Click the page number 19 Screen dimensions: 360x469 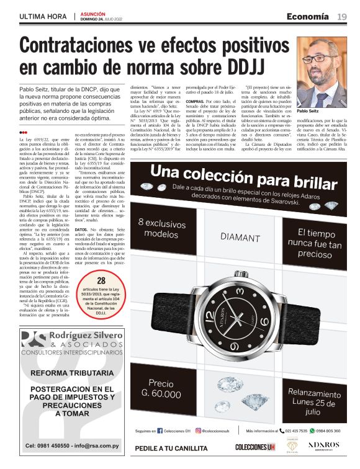pos(342,16)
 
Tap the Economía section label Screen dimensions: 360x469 pos(307,16)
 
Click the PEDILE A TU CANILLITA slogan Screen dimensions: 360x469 pos(171,448)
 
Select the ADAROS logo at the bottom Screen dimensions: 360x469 pos(324,445)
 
